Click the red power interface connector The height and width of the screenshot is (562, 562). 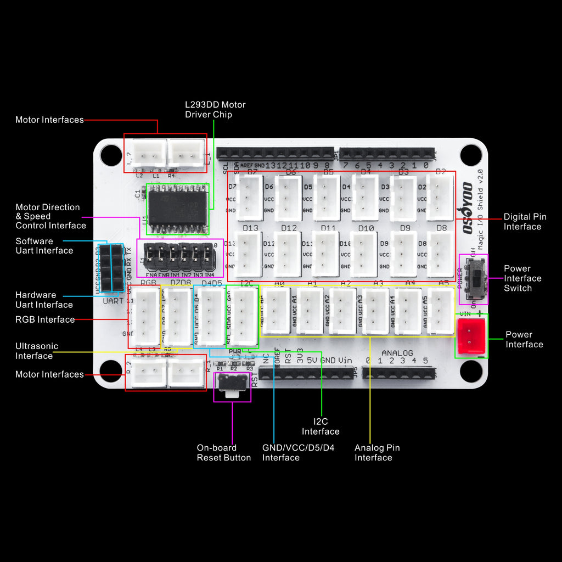pyautogui.click(x=471, y=335)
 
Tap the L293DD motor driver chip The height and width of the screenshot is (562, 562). pyautogui.click(x=177, y=209)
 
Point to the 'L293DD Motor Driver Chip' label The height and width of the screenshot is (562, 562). pyautogui.click(x=215, y=109)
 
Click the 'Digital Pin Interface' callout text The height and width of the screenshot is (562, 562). pyautogui.click(x=525, y=222)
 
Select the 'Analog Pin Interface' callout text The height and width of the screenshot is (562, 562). pyautogui.click(x=377, y=452)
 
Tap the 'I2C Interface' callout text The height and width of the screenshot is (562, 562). pyautogui.click(x=321, y=426)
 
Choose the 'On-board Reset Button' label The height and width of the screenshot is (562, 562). pyautogui.click(x=223, y=452)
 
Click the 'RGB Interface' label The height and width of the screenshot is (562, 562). pyautogui.click(x=45, y=319)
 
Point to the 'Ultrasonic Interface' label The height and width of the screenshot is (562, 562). pyautogui.click(x=36, y=351)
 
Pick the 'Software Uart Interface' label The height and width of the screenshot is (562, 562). pyautogui.click(x=44, y=245)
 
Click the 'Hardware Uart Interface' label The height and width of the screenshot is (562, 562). pyautogui.click(x=44, y=300)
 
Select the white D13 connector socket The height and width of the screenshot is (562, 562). pyautogui.click(x=250, y=253)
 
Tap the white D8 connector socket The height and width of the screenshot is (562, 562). pyautogui.click(x=441, y=253)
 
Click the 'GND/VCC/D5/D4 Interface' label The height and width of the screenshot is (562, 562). pyautogui.click(x=298, y=452)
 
